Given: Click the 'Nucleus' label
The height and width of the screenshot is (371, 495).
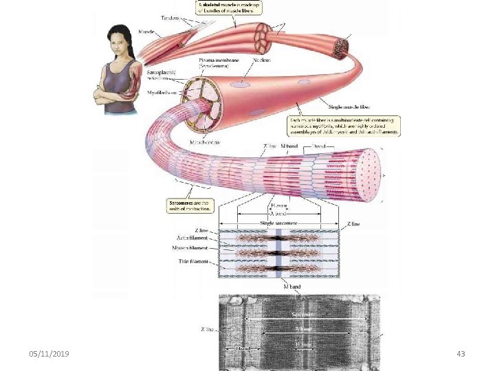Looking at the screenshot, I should coord(261,60).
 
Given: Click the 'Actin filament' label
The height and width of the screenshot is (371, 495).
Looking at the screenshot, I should coord(192,237).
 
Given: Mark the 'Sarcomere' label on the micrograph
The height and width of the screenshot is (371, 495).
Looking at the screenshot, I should coord(303,314).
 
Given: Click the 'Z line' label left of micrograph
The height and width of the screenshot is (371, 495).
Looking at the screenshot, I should coord(207,330).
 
